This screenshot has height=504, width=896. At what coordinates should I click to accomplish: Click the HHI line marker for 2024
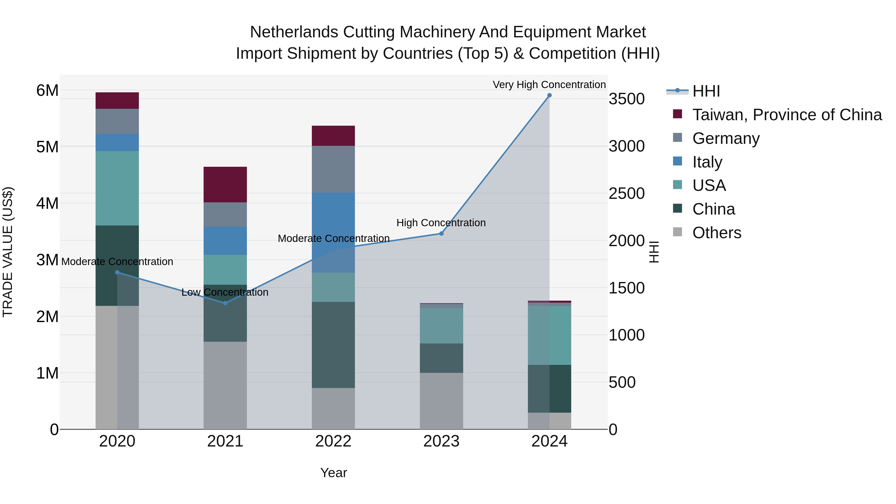tap(549, 95)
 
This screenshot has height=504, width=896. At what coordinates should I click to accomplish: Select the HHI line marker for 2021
tap(225, 303)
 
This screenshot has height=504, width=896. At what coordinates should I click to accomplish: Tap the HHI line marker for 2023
tap(441, 233)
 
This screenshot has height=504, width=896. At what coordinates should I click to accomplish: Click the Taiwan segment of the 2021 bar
tap(225, 184)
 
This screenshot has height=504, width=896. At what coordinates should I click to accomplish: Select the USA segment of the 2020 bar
tap(117, 188)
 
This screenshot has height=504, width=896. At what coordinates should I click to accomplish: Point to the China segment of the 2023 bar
tap(441, 358)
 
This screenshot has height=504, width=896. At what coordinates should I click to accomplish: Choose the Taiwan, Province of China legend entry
tap(787, 115)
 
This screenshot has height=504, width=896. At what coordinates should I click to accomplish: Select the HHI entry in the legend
tap(706, 91)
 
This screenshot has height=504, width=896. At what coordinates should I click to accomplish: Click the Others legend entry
tap(717, 233)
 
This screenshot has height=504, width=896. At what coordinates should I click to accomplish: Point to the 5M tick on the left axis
tap(47, 147)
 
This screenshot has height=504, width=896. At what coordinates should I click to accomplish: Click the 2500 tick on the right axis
tap(626, 193)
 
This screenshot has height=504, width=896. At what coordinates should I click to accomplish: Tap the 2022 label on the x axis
tap(333, 441)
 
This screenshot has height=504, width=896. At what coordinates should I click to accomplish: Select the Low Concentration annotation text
tap(225, 292)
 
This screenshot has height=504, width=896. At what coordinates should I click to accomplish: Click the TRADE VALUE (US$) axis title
tap(8, 252)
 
